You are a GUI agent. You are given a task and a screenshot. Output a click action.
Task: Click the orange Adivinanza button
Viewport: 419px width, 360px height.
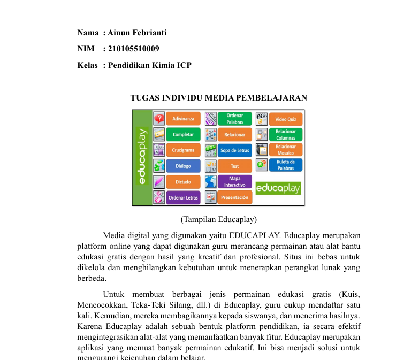click(x=183, y=119)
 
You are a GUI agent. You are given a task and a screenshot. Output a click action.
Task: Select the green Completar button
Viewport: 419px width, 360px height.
click(x=183, y=135)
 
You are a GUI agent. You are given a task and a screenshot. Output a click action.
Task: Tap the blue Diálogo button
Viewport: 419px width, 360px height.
click(x=183, y=166)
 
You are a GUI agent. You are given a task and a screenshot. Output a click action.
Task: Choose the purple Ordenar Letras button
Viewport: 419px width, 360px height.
click(x=183, y=197)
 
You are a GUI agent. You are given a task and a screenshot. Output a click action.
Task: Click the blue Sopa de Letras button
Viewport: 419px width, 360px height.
click(x=234, y=150)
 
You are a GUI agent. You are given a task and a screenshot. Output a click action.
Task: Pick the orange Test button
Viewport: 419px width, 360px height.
click(x=234, y=166)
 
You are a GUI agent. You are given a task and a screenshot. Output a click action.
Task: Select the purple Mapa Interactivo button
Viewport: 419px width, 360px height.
click(x=234, y=182)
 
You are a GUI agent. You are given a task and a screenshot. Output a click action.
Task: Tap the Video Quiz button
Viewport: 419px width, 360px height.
click(x=285, y=119)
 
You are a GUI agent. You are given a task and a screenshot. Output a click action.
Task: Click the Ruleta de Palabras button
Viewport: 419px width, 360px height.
click(x=285, y=165)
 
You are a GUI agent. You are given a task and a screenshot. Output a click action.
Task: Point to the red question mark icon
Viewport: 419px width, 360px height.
click(x=159, y=118)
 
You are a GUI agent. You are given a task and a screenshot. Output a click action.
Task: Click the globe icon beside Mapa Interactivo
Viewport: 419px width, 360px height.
click(x=210, y=181)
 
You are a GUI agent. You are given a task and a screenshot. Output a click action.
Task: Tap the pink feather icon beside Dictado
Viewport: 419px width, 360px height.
click(x=159, y=182)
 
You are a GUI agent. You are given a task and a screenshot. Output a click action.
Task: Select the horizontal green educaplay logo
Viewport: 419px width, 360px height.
click(x=278, y=188)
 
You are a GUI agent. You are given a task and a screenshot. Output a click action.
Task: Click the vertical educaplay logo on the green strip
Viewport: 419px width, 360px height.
click(x=142, y=156)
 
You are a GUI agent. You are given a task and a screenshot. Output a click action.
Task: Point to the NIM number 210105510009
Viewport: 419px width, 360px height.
click(x=134, y=49)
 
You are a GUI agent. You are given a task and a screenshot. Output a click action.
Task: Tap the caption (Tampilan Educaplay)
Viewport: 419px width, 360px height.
click(x=219, y=219)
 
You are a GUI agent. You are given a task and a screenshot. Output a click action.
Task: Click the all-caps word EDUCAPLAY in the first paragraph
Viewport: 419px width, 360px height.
click(x=255, y=235)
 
